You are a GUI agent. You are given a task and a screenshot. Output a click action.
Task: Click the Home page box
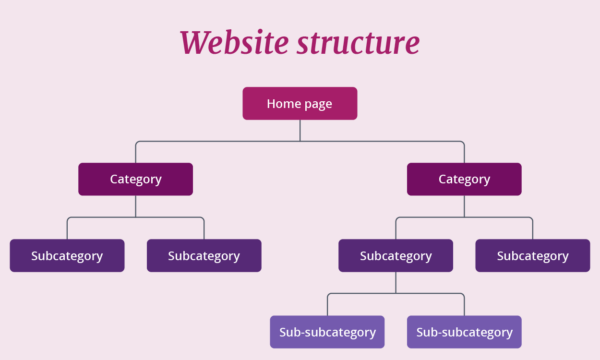tap(300, 103)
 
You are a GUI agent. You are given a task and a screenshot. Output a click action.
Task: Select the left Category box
tap(135, 179)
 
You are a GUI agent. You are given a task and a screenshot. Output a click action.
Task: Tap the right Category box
tap(464, 179)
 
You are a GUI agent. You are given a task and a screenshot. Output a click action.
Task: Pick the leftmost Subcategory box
tap(67, 255)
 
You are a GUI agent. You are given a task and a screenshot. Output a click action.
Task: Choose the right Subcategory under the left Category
tap(204, 255)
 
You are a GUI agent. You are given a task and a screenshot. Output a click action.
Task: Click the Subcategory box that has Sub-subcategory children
tap(395, 255)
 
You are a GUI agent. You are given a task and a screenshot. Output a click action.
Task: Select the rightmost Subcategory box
tap(532, 255)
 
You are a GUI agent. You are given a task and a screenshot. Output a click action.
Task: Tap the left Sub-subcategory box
tap(327, 331)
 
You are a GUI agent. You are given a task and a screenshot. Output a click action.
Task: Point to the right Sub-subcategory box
tap(464, 331)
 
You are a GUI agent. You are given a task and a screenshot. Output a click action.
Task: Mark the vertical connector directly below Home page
tap(300, 130)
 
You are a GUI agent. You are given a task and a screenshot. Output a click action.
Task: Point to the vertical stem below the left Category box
tap(136, 206)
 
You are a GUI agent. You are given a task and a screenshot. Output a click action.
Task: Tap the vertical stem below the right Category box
tap(464, 206)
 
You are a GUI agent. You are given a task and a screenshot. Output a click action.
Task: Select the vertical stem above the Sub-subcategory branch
tap(396, 282)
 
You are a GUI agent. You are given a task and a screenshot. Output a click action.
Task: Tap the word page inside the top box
tap(319, 104)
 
